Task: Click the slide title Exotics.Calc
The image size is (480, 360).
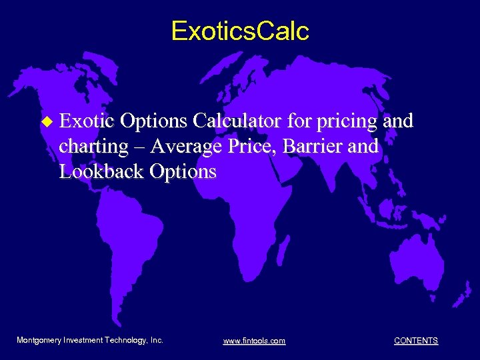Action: pyautogui.click(x=240, y=31)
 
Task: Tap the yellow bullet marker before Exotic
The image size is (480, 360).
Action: pyautogui.click(x=46, y=122)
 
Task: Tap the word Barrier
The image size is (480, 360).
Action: pyautogui.click(x=310, y=146)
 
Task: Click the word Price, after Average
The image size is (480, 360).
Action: pyautogui.click(x=251, y=146)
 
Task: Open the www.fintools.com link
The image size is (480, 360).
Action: pyautogui.click(x=254, y=341)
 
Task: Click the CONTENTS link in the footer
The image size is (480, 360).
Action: pyautogui.click(x=416, y=341)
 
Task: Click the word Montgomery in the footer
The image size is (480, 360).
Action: pyautogui.click(x=39, y=340)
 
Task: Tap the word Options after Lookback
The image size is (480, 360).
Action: pyautogui.click(x=183, y=171)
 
